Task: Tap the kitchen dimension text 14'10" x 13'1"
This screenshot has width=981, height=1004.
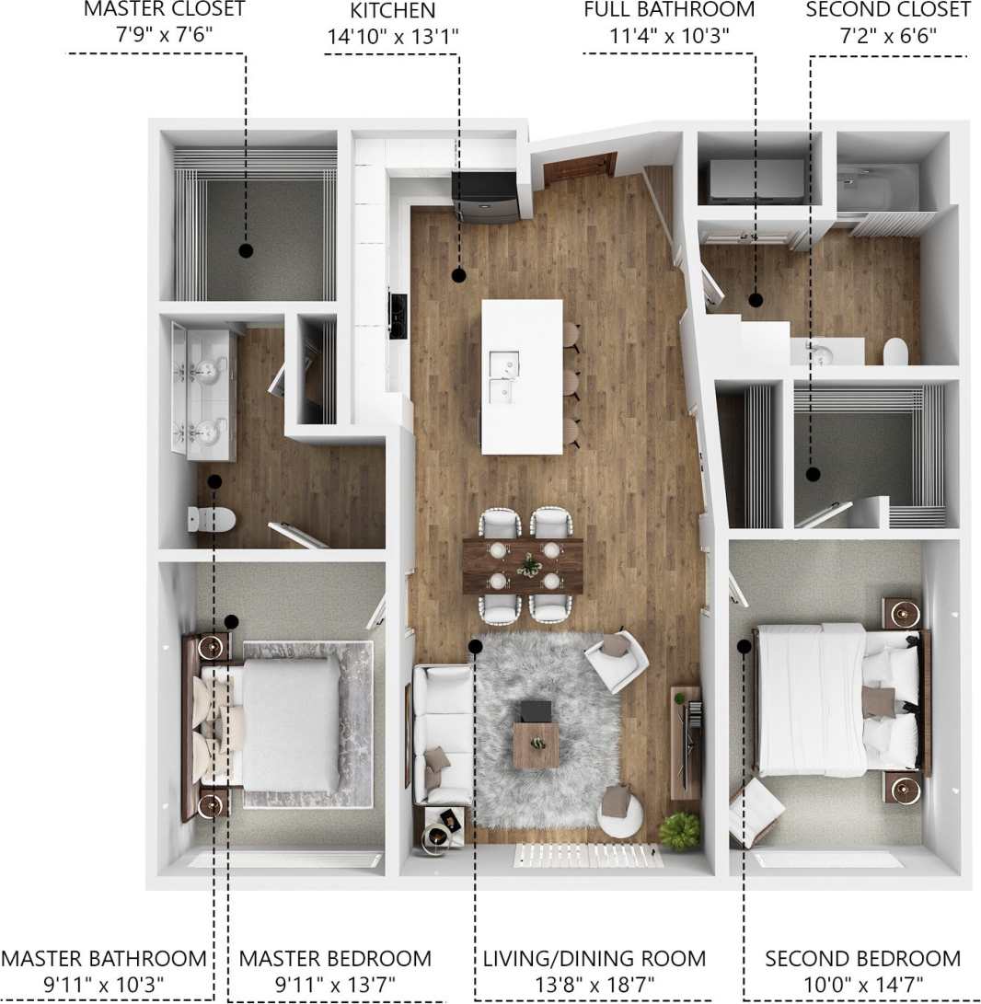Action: [x=392, y=37]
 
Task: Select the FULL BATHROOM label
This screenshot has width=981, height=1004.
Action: [x=669, y=10]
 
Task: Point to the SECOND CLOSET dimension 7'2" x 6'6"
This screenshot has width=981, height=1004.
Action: [x=888, y=37]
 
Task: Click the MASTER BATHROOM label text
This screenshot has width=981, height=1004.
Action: [x=103, y=958]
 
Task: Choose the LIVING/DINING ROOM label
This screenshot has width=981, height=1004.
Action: [x=594, y=958]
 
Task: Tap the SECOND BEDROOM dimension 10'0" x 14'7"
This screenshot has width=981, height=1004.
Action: [x=862, y=984]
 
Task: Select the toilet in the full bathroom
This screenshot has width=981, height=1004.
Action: [x=894, y=352]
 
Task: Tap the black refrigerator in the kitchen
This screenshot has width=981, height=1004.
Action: [x=485, y=196]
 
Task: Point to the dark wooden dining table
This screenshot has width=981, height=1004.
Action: [x=523, y=565]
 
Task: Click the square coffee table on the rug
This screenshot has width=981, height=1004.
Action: [x=535, y=744]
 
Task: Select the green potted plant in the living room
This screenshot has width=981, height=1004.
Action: [x=679, y=830]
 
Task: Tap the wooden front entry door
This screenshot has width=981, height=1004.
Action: [x=579, y=168]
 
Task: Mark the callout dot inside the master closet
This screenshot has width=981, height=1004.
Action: [x=246, y=249]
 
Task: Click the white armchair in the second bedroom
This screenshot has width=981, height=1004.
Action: [x=755, y=810]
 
